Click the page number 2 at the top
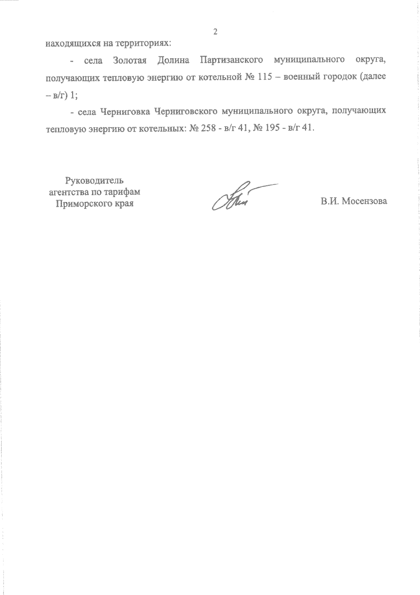tap(215, 32)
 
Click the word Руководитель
tap(94, 181)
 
